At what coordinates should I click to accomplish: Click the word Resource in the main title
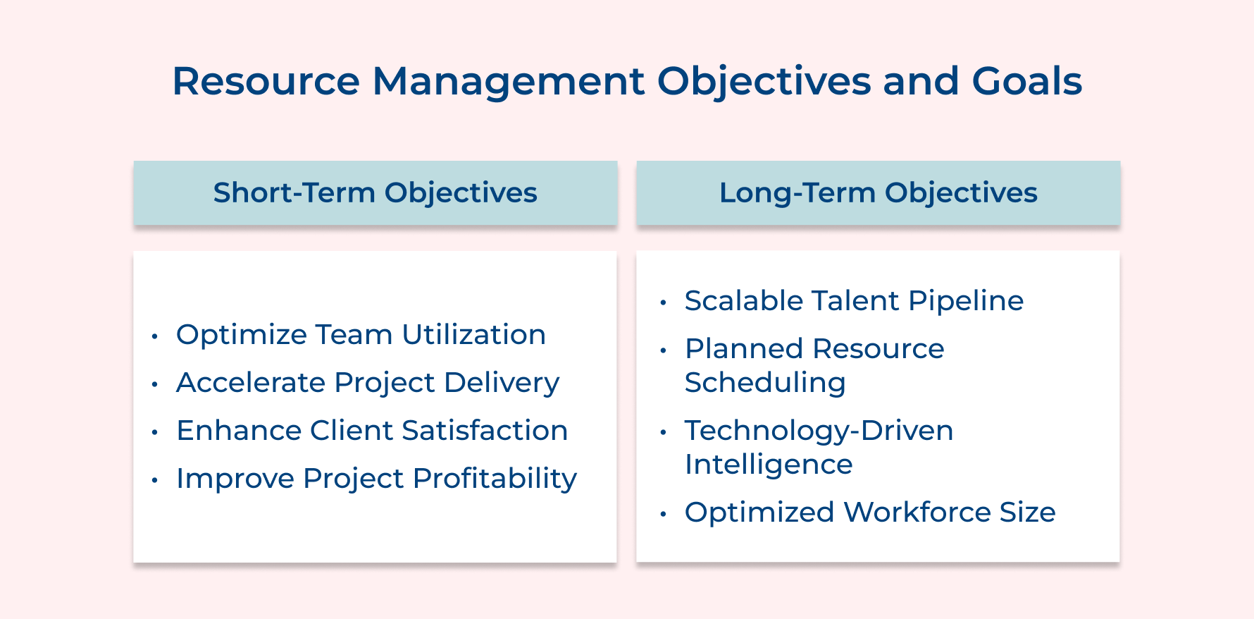(266, 81)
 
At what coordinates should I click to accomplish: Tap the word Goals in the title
(1026, 81)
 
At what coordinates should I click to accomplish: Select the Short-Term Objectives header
(375, 192)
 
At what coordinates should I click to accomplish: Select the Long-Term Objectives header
(878, 192)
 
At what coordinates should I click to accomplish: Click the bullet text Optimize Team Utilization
(361, 335)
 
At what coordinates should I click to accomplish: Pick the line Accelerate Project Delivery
(368, 383)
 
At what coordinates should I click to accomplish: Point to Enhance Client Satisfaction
(372, 431)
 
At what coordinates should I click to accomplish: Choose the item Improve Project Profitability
(376, 479)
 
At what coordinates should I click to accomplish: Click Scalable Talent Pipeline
(854, 301)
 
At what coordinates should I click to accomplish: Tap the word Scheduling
(765, 383)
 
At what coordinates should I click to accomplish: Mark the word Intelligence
(769, 465)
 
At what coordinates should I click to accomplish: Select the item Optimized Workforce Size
(870, 513)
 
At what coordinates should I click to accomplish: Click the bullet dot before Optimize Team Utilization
(154, 336)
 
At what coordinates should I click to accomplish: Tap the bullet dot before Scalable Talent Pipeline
(663, 302)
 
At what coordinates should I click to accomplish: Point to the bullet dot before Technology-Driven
(663, 432)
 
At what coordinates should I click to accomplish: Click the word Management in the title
(508, 81)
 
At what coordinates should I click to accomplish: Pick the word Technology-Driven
(819, 431)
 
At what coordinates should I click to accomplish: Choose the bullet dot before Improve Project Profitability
(154, 480)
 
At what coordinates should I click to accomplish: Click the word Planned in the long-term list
(743, 349)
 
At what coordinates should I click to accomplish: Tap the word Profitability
(495, 479)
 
